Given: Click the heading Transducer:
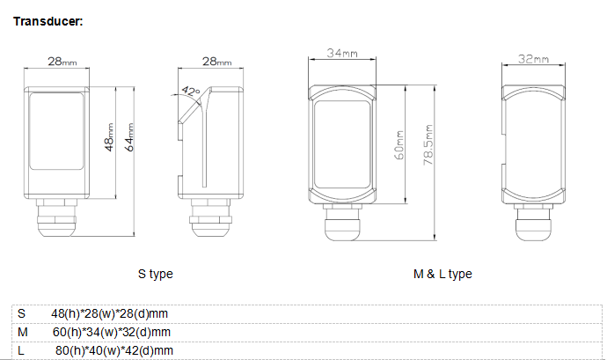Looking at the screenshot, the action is tap(48, 21).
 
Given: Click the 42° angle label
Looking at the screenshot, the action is tap(191, 92).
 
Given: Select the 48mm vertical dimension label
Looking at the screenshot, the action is tap(109, 137).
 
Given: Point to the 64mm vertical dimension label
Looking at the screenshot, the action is tap(129, 137).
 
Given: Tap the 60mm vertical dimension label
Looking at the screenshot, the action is tap(399, 145).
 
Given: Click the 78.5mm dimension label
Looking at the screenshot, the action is tap(428, 145).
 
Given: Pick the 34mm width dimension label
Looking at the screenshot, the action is tap(342, 53).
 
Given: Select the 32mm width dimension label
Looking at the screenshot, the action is tap(533, 59).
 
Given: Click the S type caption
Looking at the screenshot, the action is tap(155, 274).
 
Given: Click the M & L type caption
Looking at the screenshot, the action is tap(442, 274).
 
